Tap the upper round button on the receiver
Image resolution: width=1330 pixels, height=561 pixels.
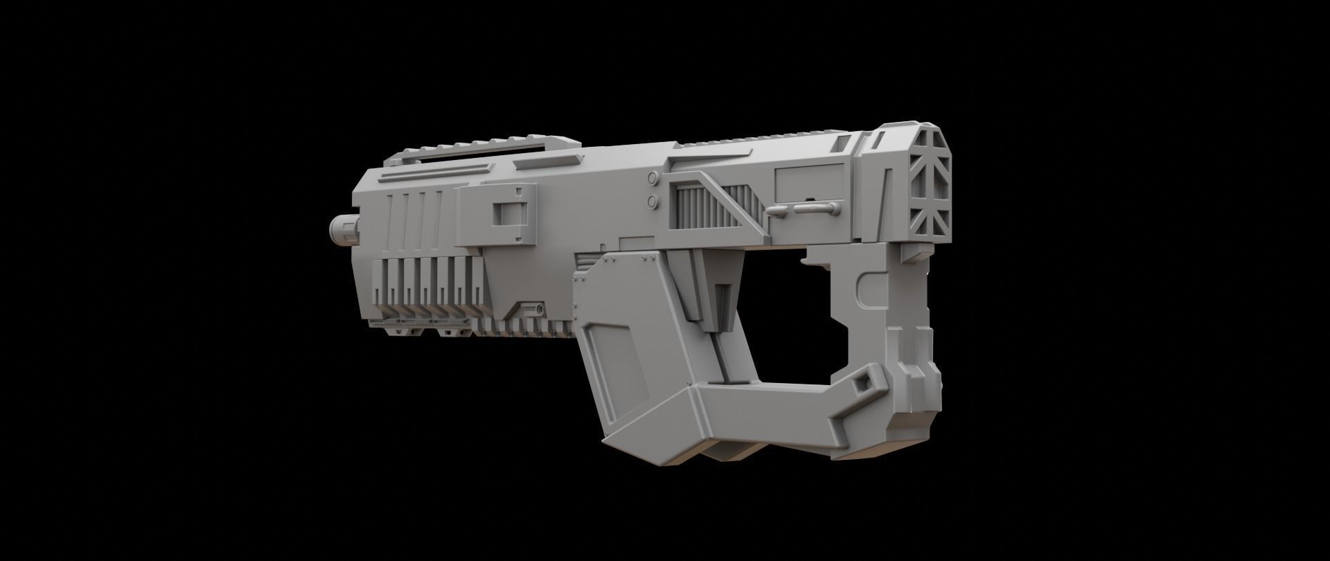(x=653, y=179)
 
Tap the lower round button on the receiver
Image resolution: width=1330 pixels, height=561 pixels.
(x=653, y=201)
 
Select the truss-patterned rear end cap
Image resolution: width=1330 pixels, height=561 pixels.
(x=928, y=186)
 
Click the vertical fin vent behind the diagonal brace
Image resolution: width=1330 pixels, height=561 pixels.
(x=697, y=208)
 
